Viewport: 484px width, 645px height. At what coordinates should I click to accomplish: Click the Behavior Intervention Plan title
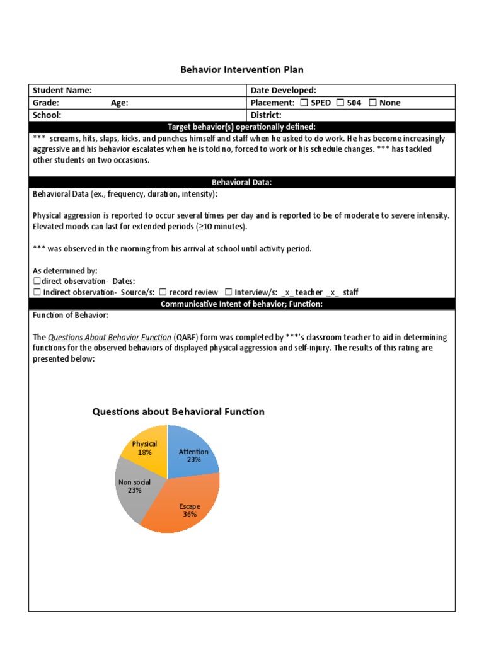point(243,69)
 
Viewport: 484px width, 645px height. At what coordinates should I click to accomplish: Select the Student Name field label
point(62,91)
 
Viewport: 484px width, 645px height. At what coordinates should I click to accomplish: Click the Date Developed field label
point(283,91)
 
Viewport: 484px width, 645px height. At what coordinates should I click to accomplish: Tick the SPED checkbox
point(304,103)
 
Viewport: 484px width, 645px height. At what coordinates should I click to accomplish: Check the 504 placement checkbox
point(340,103)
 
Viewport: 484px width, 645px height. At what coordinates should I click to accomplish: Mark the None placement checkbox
point(372,103)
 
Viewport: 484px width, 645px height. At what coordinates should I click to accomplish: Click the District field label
point(266,115)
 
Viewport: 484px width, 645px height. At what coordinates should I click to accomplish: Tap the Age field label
point(120,103)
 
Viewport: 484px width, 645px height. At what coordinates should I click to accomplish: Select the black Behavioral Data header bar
point(242,183)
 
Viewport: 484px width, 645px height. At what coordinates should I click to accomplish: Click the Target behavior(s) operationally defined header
point(242,127)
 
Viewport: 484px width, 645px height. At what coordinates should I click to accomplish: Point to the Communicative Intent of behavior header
point(242,304)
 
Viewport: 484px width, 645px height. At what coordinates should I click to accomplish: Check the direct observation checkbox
point(37,281)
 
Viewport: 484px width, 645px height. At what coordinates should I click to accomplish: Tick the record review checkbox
point(163,292)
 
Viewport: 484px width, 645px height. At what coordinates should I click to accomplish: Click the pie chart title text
point(178,412)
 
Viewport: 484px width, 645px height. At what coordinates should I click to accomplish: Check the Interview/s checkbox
point(228,292)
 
